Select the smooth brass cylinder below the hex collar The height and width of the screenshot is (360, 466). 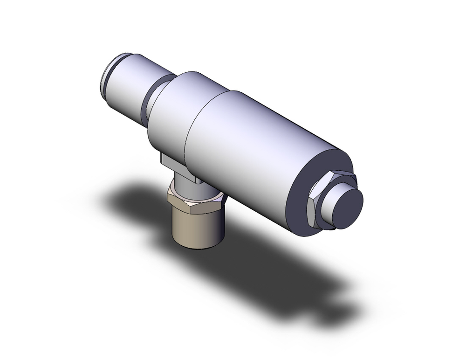(196, 228)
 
